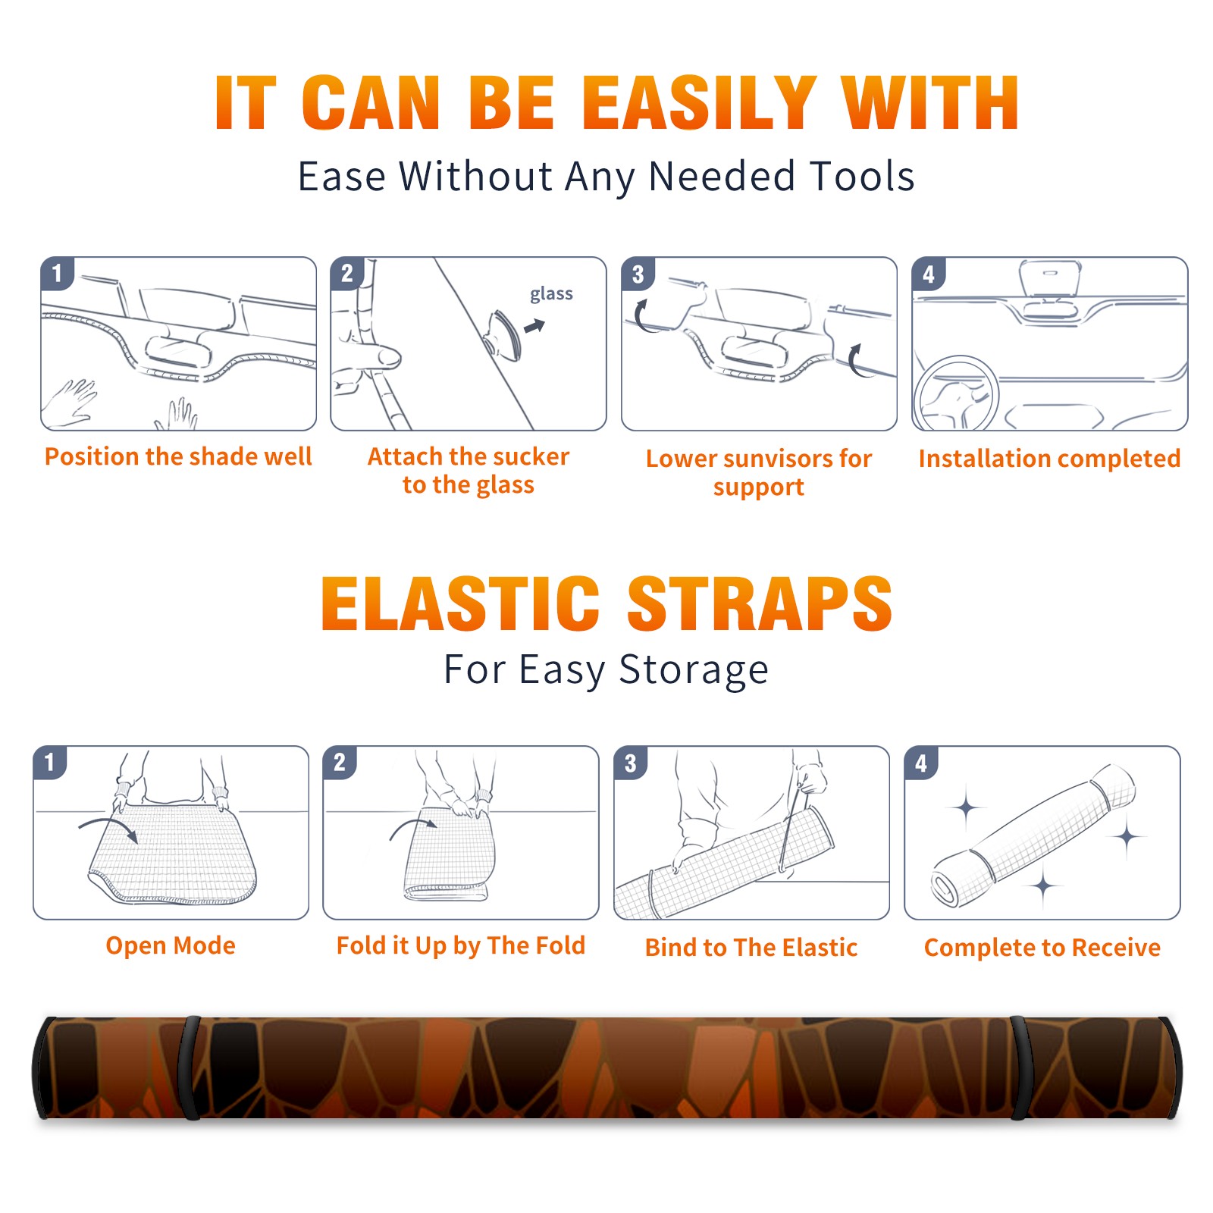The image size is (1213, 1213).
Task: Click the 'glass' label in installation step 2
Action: [x=551, y=294]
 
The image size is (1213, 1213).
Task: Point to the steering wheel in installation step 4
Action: [x=955, y=394]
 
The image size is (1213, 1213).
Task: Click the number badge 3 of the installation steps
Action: [x=638, y=274]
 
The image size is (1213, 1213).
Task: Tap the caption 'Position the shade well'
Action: [x=178, y=456]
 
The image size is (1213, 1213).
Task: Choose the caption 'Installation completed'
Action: [x=1049, y=458]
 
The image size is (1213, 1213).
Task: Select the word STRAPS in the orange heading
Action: [x=760, y=603]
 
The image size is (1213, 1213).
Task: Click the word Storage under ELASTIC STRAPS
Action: [x=694, y=670]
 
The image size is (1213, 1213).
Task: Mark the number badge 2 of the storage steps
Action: [x=340, y=762]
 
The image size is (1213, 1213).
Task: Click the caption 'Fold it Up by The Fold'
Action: [x=461, y=945]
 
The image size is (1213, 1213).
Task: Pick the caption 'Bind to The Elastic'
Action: [x=751, y=948]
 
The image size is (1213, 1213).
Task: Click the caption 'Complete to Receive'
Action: [x=1042, y=948]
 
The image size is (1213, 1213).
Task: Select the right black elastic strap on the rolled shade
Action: [x=1020, y=1068]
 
